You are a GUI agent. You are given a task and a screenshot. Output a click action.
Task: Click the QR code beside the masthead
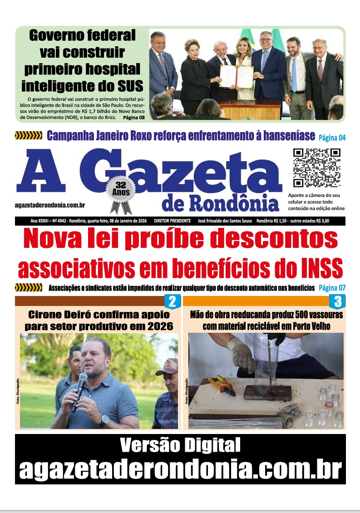click(x=316, y=168)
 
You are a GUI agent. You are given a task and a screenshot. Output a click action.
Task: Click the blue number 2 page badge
click(x=172, y=301)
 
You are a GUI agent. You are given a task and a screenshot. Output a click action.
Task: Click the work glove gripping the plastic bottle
click(x=240, y=354)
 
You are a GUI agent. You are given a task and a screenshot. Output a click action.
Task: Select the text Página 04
click(x=332, y=137)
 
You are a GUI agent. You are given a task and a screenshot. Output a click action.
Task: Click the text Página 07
click(x=332, y=288)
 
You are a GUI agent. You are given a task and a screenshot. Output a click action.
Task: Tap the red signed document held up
click(x=237, y=76)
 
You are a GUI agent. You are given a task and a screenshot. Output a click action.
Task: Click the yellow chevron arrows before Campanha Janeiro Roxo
click(x=28, y=135)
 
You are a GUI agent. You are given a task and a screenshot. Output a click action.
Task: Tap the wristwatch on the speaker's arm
click(x=104, y=421)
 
